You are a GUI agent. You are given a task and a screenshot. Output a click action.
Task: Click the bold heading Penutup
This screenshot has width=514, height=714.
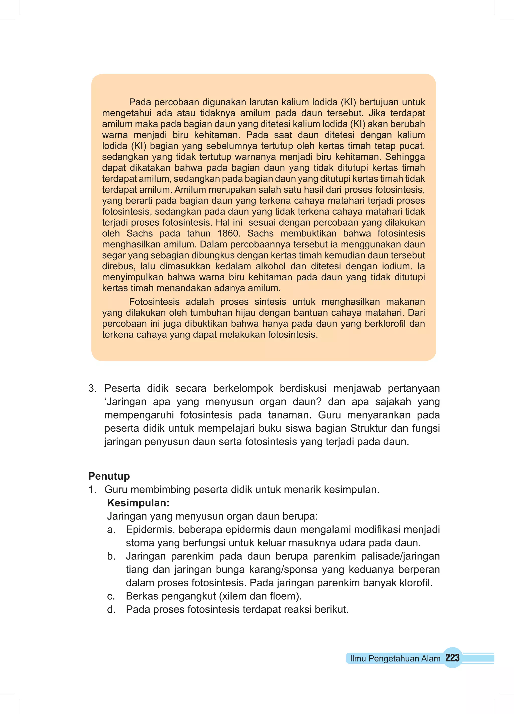click(109, 476)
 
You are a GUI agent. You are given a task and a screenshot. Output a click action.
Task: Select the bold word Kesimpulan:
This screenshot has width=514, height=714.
click(138, 503)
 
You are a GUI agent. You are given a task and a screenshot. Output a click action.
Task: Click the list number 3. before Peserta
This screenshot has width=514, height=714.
click(92, 388)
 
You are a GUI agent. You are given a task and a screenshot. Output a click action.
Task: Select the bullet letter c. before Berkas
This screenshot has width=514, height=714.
click(111, 596)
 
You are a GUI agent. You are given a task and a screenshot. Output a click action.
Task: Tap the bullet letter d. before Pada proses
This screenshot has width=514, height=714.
click(111, 609)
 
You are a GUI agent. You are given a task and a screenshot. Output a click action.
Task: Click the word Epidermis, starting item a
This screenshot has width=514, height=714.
click(150, 530)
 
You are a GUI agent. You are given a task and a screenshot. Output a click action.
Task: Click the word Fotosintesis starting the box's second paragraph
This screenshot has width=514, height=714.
click(154, 302)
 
